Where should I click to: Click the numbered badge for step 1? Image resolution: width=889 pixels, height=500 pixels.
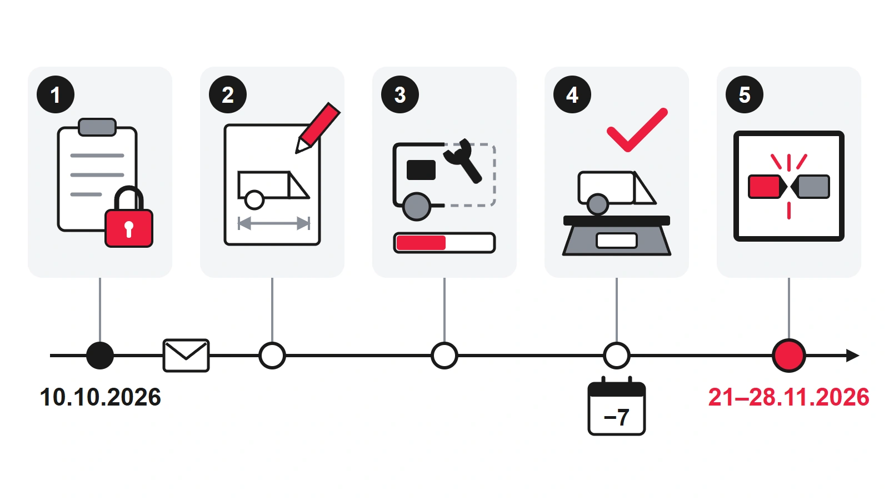pyautogui.click(x=56, y=94)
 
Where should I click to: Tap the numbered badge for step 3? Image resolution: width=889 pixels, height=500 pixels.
pyautogui.click(x=400, y=94)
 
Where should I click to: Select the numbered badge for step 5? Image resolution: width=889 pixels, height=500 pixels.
pyautogui.click(x=745, y=94)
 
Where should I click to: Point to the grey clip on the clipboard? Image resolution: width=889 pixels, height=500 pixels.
pyautogui.click(x=97, y=127)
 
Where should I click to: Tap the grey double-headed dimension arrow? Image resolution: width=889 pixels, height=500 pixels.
pyautogui.click(x=273, y=223)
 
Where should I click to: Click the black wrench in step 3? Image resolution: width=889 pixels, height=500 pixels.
pyautogui.click(x=463, y=161)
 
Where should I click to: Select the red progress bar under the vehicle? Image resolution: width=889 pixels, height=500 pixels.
pyautogui.click(x=421, y=243)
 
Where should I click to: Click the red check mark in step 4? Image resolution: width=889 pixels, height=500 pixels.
pyautogui.click(x=637, y=130)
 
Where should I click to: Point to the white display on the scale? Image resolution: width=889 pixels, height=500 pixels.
pyautogui.click(x=617, y=241)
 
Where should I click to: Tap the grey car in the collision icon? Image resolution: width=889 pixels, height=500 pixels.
pyautogui.click(x=810, y=187)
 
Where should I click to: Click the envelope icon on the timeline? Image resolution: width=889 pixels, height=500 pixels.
pyautogui.click(x=186, y=356)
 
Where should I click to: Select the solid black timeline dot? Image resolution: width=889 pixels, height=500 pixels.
pyautogui.click(x=100, y=356)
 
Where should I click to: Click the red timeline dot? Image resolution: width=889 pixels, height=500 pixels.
pyautogui.click(x=789, y=356)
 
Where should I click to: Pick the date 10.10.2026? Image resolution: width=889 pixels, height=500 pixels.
pyautogui.click(x=101, y=397)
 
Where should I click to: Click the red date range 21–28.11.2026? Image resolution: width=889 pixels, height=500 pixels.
pyautogui.click(x=789, y=397)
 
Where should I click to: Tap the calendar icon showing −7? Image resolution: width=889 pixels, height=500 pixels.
pyautogui.click(x=617, y=406)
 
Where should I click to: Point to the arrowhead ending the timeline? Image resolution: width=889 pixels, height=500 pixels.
pyautogui.click(x=852, y=356)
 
